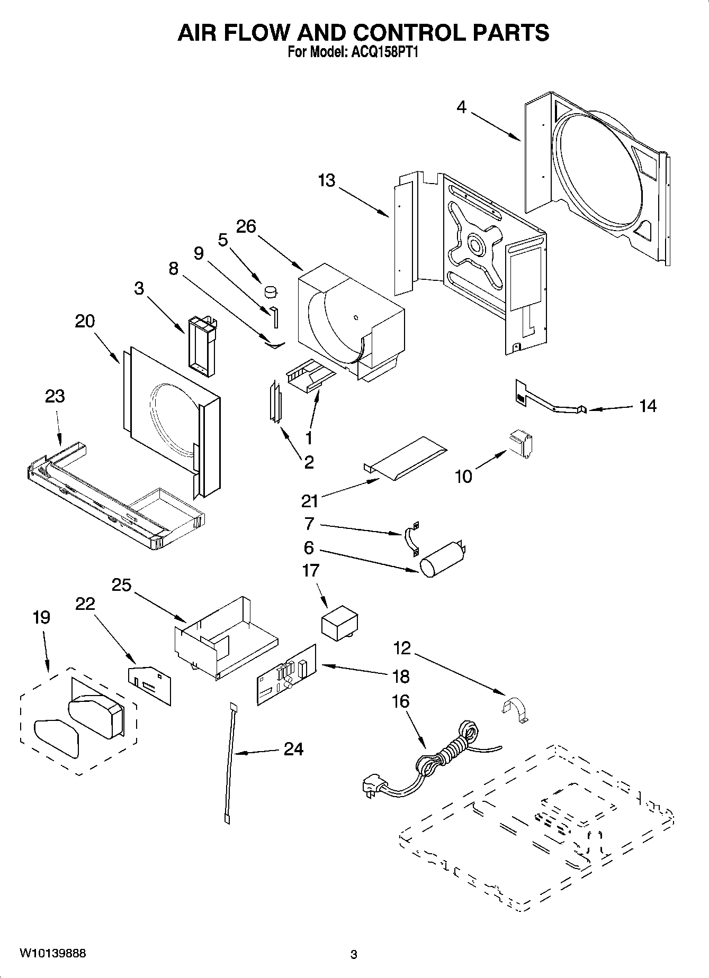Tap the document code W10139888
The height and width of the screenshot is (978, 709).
coord(52,954)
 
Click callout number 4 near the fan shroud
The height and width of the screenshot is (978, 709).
coord(462,107)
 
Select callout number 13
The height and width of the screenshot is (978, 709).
coord(327,180)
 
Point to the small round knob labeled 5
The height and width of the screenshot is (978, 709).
coord(271,290)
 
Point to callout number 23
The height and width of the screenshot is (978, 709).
coord(55,396)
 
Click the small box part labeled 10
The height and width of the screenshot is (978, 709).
coord(521,442)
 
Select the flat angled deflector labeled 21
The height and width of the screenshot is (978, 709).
coord(405,458)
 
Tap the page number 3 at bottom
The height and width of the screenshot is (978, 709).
coord(354,955)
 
